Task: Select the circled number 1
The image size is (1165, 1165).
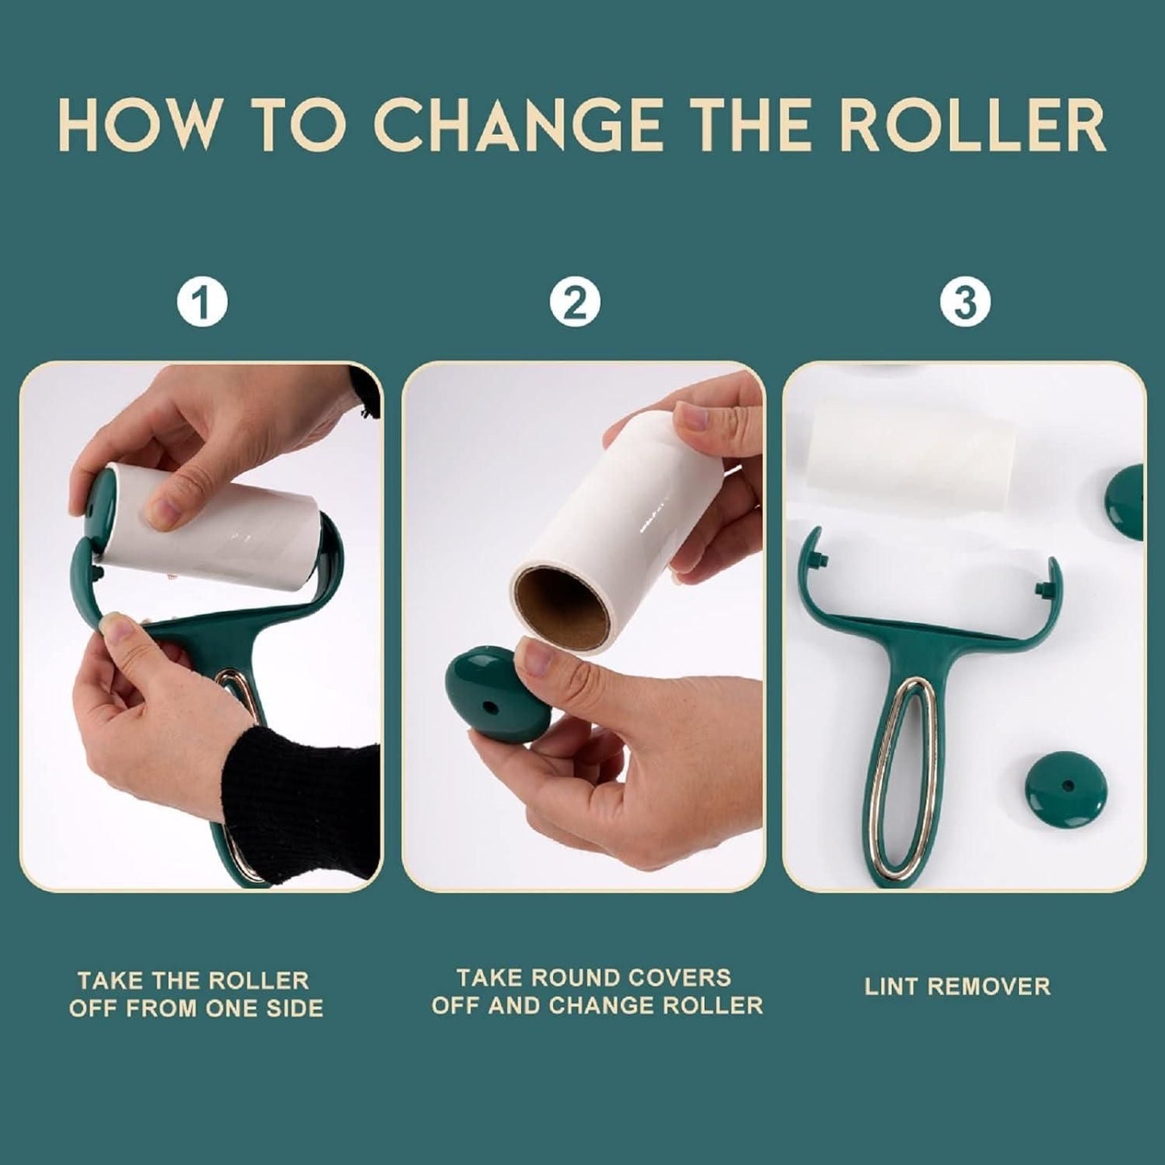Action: pyautogui.click(x=202, y=302)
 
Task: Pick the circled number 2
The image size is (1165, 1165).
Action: pyautogui.click(x=575, y=302)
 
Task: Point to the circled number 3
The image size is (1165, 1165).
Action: pyautogui.click(x=965, y=302)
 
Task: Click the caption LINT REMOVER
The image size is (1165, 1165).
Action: pyautogui.click(x=957, y=987)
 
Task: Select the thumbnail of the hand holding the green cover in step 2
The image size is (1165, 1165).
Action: pyautogui.click(x=535, y=662)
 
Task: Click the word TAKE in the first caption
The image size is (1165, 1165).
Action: pyautogui.click(x=110, y=981)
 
